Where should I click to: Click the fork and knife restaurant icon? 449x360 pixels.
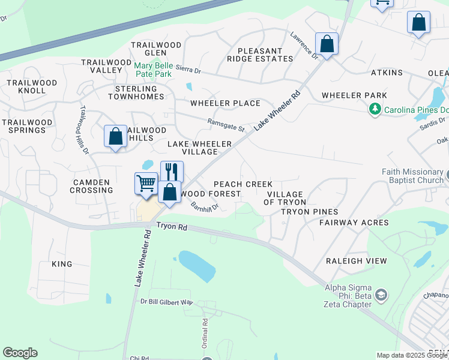(x=172, y=172)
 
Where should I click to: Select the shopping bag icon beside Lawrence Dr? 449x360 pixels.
(x=327, y=44)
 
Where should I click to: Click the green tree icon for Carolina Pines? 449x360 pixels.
(x=375, y=109)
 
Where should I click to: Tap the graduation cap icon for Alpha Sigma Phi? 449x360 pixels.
(x=381, y=295)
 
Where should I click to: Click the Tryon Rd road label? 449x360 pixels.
(x=173, y=226)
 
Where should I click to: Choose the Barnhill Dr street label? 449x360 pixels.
(x=205, y=206)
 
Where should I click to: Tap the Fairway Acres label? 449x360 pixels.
(x=354, y=223)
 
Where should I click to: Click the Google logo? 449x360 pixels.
(x=20, y=353)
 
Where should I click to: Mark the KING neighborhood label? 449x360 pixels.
(x=62, y=264)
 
